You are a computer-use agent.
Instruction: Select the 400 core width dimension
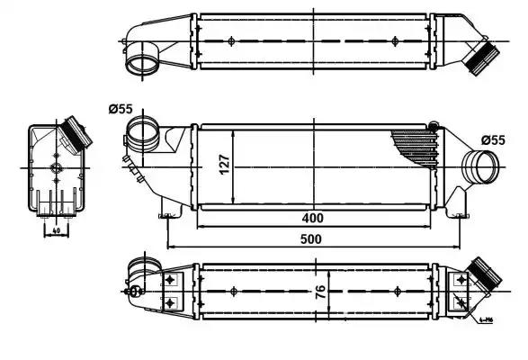coord(312,218)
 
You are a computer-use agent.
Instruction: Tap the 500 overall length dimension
coord(312,239)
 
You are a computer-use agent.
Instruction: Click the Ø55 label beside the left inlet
coord(120,109)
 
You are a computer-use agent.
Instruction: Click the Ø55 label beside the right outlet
coord(494,139)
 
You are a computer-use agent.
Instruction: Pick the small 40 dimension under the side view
coord(56,230)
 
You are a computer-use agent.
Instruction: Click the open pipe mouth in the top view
coord(139,64)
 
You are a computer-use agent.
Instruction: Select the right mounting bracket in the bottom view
coord(461,291)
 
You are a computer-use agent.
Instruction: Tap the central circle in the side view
coord(56,169)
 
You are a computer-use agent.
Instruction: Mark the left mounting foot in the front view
coord(166,213)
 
